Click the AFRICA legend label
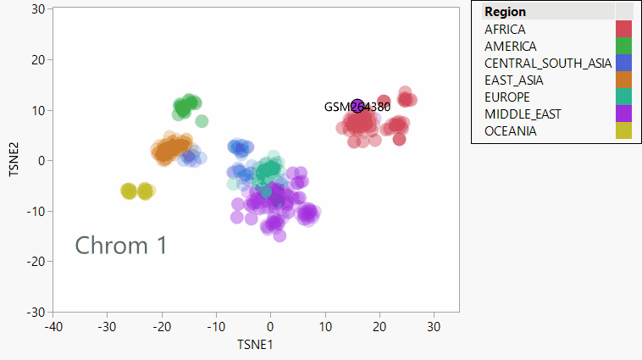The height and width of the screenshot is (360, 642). click(505, 30)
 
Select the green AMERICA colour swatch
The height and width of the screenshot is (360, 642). click(624, 46)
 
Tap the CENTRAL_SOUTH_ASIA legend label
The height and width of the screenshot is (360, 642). click(547, 64)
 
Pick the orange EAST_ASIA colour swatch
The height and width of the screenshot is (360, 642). click(624, 80)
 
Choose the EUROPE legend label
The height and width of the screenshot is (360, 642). click(506, 97)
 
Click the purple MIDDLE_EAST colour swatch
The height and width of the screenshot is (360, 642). click(624, 114)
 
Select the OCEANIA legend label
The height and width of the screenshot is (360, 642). click(510, 131)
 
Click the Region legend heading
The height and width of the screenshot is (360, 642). click(505, 12)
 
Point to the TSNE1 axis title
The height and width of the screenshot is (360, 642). click(255, 345)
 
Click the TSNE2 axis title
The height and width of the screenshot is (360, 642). click(14, 160)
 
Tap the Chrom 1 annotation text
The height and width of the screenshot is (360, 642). click(121, 246)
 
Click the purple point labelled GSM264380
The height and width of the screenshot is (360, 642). click(357, 107)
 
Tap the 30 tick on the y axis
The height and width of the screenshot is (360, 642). click(38, 8)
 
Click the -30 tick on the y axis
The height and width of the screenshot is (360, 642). click(36, 312)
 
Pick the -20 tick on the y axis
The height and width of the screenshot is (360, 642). click(36, 262)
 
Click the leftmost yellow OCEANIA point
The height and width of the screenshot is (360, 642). click(129, 191)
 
